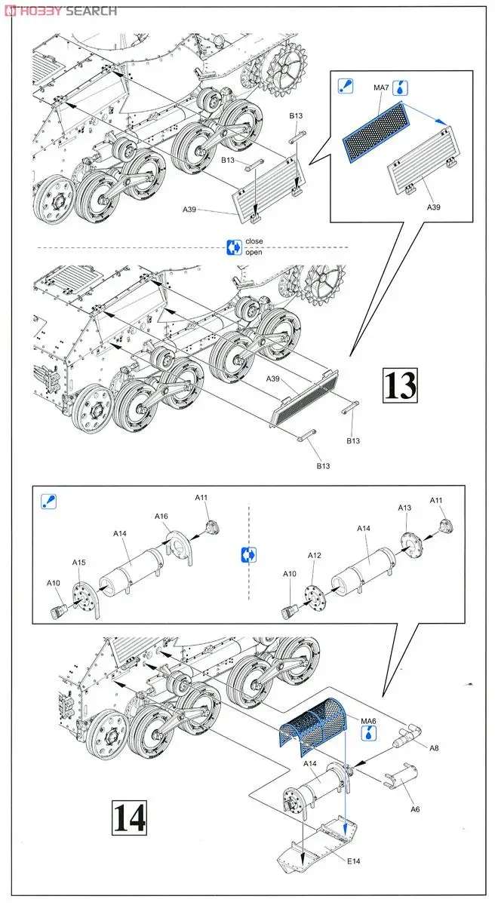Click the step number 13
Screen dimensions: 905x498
pyautogui.click(x=400, y=385)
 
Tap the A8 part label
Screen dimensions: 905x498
pyautogui.click(x=433, y=748)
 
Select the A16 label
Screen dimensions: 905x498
pyautogui.click(x=161, y=517)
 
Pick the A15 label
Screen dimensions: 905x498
pyautogui.click(x=78, y=563)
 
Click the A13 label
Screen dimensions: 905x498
pyautogui.click(x=405, y=508)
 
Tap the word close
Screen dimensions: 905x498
pyautogui.click(x=254, y=241)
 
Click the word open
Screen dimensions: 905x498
pyautogui.click(x=254, y=252)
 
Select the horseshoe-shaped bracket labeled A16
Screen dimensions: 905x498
pyautogui.click(x=178, y=547)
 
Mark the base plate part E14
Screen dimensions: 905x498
pyautogui.click(x=317, y=849)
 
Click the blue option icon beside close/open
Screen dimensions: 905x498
pyautogui.click(x=234, y=247)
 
